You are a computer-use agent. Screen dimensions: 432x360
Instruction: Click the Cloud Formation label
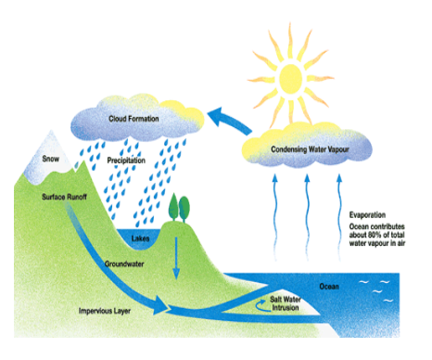pos(133,119)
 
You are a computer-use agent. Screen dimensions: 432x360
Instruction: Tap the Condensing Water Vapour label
pos(310,149)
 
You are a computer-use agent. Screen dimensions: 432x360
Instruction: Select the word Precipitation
pos(126,161)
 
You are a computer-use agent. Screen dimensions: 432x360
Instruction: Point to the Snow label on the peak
pos(51,159)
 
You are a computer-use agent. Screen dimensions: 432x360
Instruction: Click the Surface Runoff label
pos(64,197)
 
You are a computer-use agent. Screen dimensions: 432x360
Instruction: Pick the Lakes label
pos(140,238)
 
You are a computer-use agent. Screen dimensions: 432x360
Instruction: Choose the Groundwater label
pos(124,264)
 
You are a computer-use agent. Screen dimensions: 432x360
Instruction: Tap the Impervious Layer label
pos(105,311)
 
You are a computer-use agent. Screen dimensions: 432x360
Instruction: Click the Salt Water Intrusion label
pos(286,303)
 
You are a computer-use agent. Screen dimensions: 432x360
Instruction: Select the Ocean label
pos(329,287)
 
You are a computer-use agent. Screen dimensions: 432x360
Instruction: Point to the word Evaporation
pos(367,215)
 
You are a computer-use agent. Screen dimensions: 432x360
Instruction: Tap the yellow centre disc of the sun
pos(290,79)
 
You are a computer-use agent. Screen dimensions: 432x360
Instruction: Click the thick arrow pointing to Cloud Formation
pos(229,121)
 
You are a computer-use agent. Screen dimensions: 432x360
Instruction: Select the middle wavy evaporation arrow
pos(307,216)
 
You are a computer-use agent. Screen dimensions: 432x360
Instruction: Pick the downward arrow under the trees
pos(176,258)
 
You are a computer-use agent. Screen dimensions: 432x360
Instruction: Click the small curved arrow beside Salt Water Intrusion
pos(261,305)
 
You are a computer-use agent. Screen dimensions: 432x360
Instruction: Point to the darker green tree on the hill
pos(184,209)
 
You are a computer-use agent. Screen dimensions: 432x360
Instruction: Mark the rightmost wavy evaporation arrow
pos(339,216)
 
